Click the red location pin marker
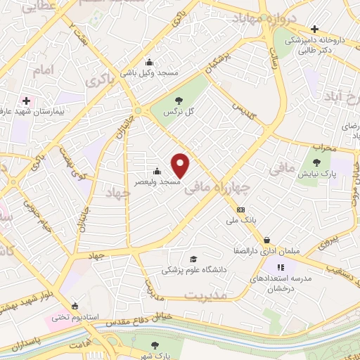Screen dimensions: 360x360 (x=181, y=165)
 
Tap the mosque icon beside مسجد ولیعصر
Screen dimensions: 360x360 (x=157, y=171)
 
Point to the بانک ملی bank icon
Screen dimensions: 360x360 (x=241, y=209)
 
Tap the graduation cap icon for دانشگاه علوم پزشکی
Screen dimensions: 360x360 (x=193, y=259)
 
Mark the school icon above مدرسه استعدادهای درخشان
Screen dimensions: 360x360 (x=281, y=267)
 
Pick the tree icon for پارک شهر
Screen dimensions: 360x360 (x=155, y=345)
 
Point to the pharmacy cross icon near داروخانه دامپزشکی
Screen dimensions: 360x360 (x=314, y=30)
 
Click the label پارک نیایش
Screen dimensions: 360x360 (x=325, y=172)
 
